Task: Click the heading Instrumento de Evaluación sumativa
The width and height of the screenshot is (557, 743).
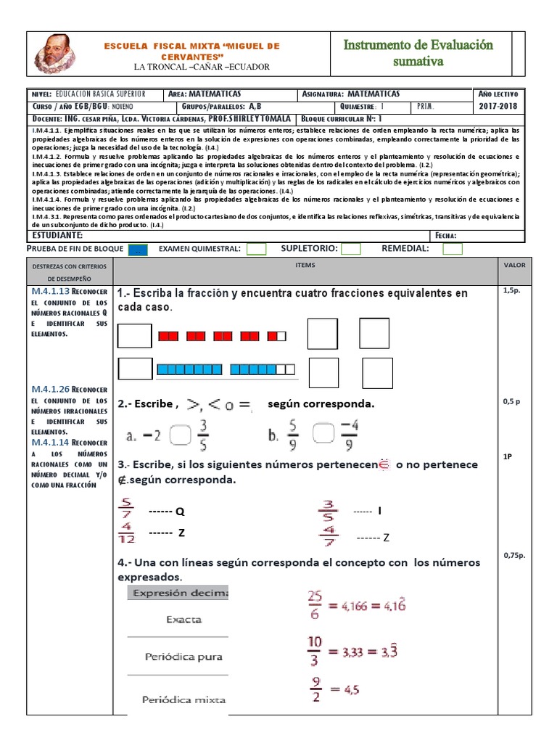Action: (x=418, y=53)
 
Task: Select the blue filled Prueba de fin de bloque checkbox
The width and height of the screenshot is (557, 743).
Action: (x=138, y=250)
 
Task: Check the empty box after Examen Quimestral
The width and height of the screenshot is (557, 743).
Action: (x=256, y=249)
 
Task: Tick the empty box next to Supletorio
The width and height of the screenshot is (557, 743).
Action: (x=351, y=249)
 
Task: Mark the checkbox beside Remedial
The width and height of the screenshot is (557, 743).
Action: (x=453, y=249)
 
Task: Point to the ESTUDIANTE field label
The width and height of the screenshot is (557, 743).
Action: (x=58, y=235)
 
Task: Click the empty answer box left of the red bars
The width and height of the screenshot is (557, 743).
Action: (x=135, y=336)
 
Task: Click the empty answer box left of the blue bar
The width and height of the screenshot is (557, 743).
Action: (x=135, y=370)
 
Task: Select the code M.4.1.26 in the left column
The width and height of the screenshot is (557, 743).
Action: (x=51, y=390)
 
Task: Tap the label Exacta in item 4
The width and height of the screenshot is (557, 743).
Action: (x=184, y=620)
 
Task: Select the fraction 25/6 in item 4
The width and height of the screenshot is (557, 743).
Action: (x=314, y=604)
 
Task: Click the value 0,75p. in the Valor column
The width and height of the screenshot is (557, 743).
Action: (x=513, y=556)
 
